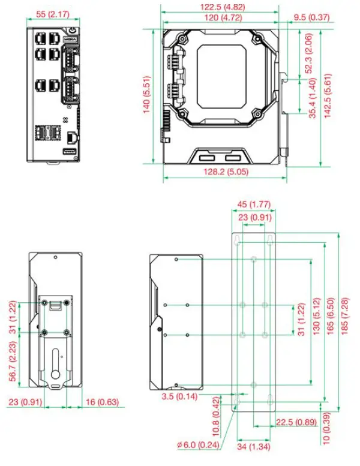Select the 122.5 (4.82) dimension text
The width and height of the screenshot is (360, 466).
tap(221, 7)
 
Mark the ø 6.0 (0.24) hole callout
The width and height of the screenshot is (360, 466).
tap(196, 445)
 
